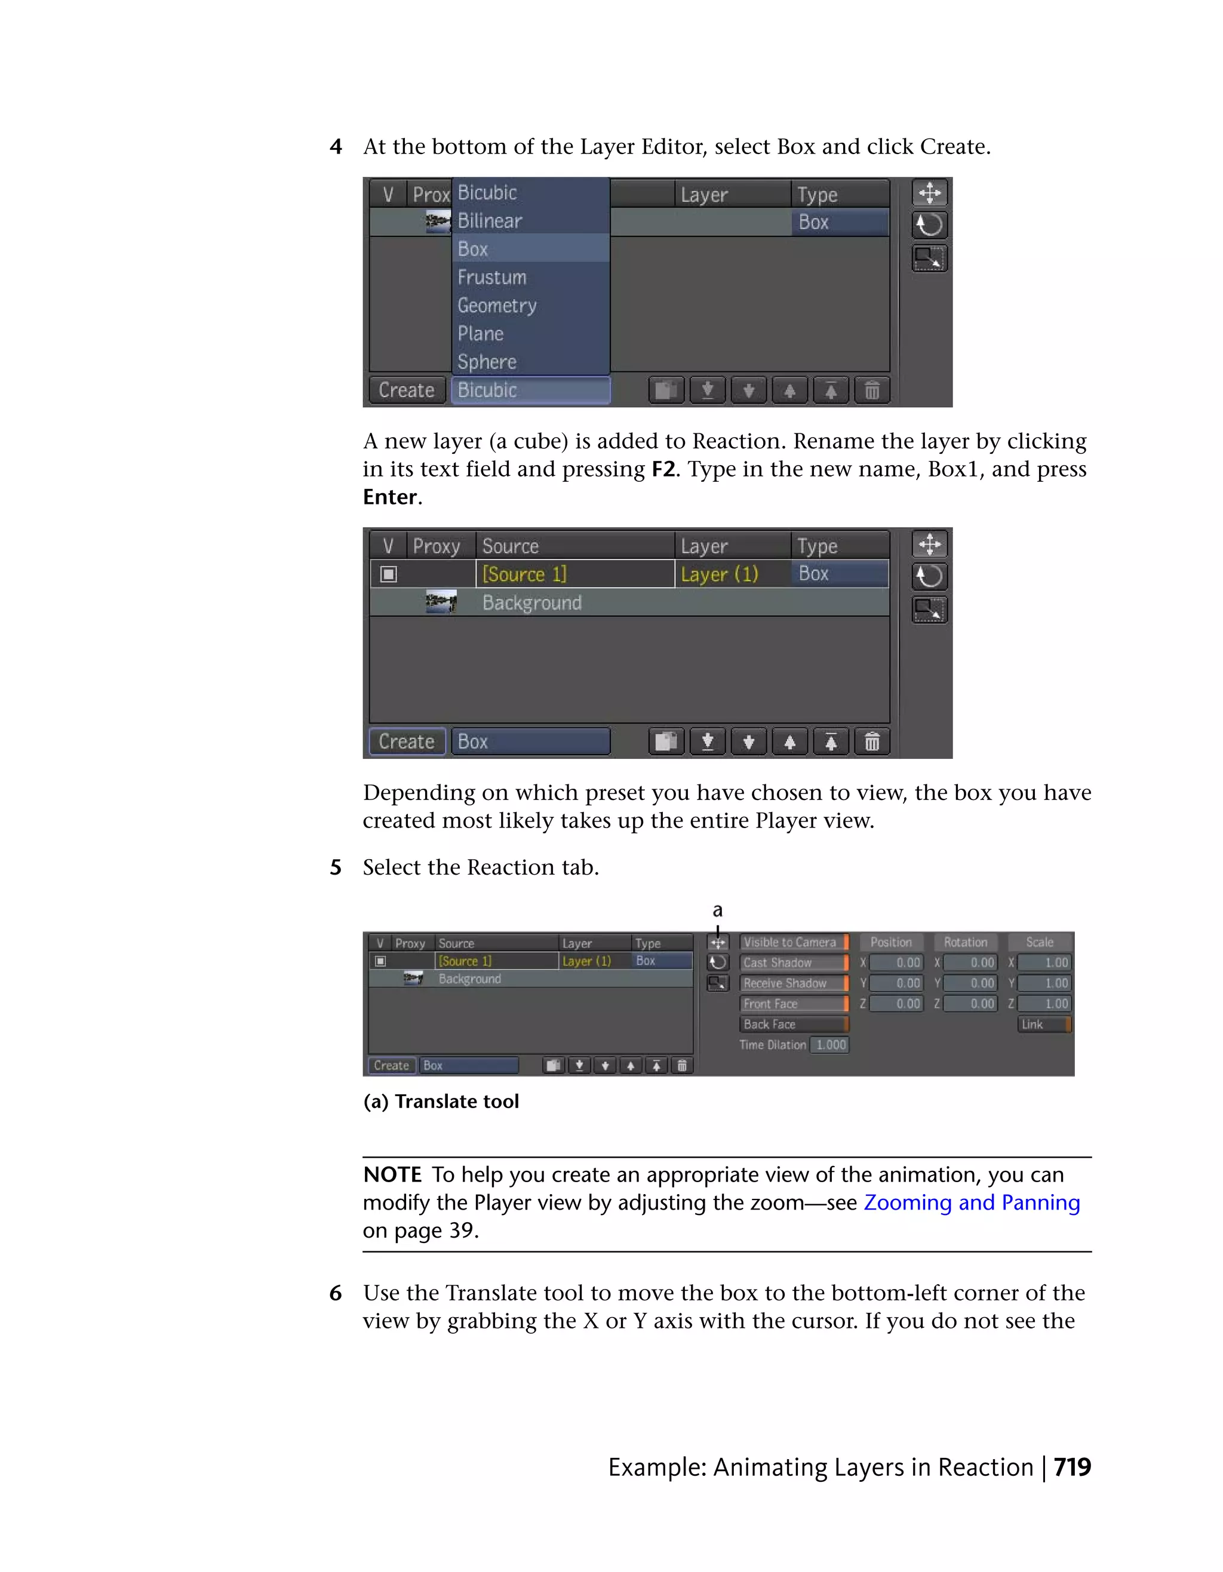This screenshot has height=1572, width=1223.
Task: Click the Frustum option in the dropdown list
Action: (x=493, y=277)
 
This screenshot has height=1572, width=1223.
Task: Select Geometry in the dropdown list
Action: (x=497, y=305)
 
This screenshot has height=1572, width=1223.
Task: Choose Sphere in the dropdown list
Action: (x=487, y=361)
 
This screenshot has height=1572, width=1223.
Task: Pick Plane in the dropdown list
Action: (x=481, y=333)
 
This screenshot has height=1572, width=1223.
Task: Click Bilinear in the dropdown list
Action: (x=490, y=221)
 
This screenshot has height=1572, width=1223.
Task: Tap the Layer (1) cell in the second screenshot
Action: (x=720, y=574)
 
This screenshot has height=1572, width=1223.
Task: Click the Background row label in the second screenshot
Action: (x=532, y=602)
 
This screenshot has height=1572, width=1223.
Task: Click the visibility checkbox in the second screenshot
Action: (x=389, y=574)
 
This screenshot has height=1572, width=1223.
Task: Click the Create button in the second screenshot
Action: (x=407, y=742)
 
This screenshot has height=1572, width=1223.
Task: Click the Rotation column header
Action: (x=965, y=942)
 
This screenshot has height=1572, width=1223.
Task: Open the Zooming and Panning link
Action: (x=971, y=1203)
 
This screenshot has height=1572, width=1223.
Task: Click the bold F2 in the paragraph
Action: (x=663, y=469)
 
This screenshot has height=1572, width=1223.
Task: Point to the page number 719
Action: (x=1072, y=1467)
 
